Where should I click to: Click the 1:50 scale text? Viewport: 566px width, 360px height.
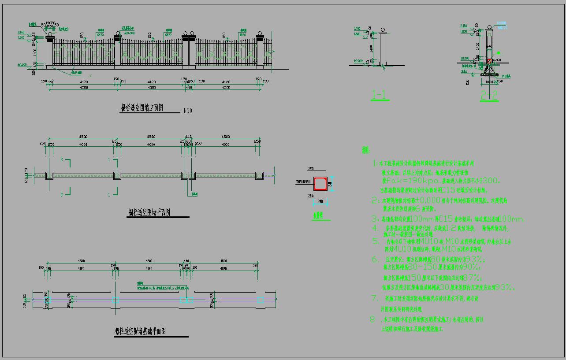[187, 111]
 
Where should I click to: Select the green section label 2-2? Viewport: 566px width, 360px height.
[489, 95]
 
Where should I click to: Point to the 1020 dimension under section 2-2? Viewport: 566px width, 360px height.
[489, 82]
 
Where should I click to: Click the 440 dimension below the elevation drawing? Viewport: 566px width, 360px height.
[189, 88]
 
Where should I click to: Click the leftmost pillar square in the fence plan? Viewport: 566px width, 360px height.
[49, 175]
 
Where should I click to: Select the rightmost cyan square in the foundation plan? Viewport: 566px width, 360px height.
[261, 300]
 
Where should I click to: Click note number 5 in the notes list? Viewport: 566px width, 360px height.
[376, 241]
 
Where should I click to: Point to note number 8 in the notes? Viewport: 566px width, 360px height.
[372, 319]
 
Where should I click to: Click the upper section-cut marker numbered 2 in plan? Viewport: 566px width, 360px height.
[62, 160]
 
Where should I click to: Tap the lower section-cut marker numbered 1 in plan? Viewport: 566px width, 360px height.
[109, 194]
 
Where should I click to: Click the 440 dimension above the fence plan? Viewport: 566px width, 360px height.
[188, 137]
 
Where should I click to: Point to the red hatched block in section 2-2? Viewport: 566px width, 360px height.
[489, 61]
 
